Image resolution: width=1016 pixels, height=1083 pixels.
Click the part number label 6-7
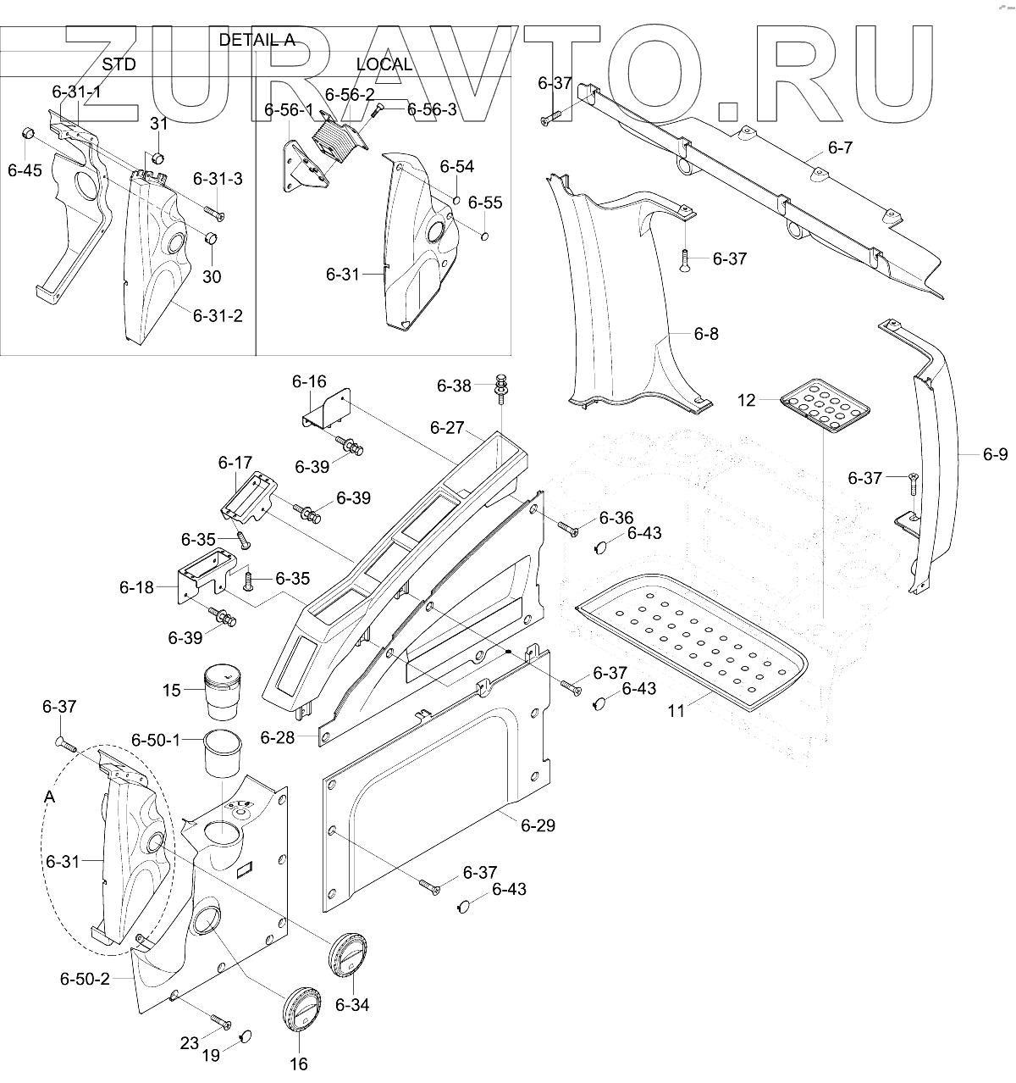point(841,148)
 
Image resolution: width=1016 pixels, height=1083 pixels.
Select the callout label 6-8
point(705,334)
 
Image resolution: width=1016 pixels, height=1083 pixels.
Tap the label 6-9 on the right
point(995,455)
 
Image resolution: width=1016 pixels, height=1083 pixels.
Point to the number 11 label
point(676,710)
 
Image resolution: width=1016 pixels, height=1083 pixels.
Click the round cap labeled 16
point(301,1009)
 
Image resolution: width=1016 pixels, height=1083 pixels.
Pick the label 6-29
point(538,825)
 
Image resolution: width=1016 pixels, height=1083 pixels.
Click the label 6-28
point(278,737)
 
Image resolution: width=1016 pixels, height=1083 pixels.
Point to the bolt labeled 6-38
point(500,386)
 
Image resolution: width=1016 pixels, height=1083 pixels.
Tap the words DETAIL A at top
point(257,40)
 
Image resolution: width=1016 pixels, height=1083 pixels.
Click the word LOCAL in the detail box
point(384,64)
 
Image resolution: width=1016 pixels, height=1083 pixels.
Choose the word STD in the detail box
point(119,64)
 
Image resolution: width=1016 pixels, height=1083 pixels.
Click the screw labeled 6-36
point(567,528)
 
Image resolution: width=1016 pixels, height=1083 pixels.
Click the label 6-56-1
point(289,110)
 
